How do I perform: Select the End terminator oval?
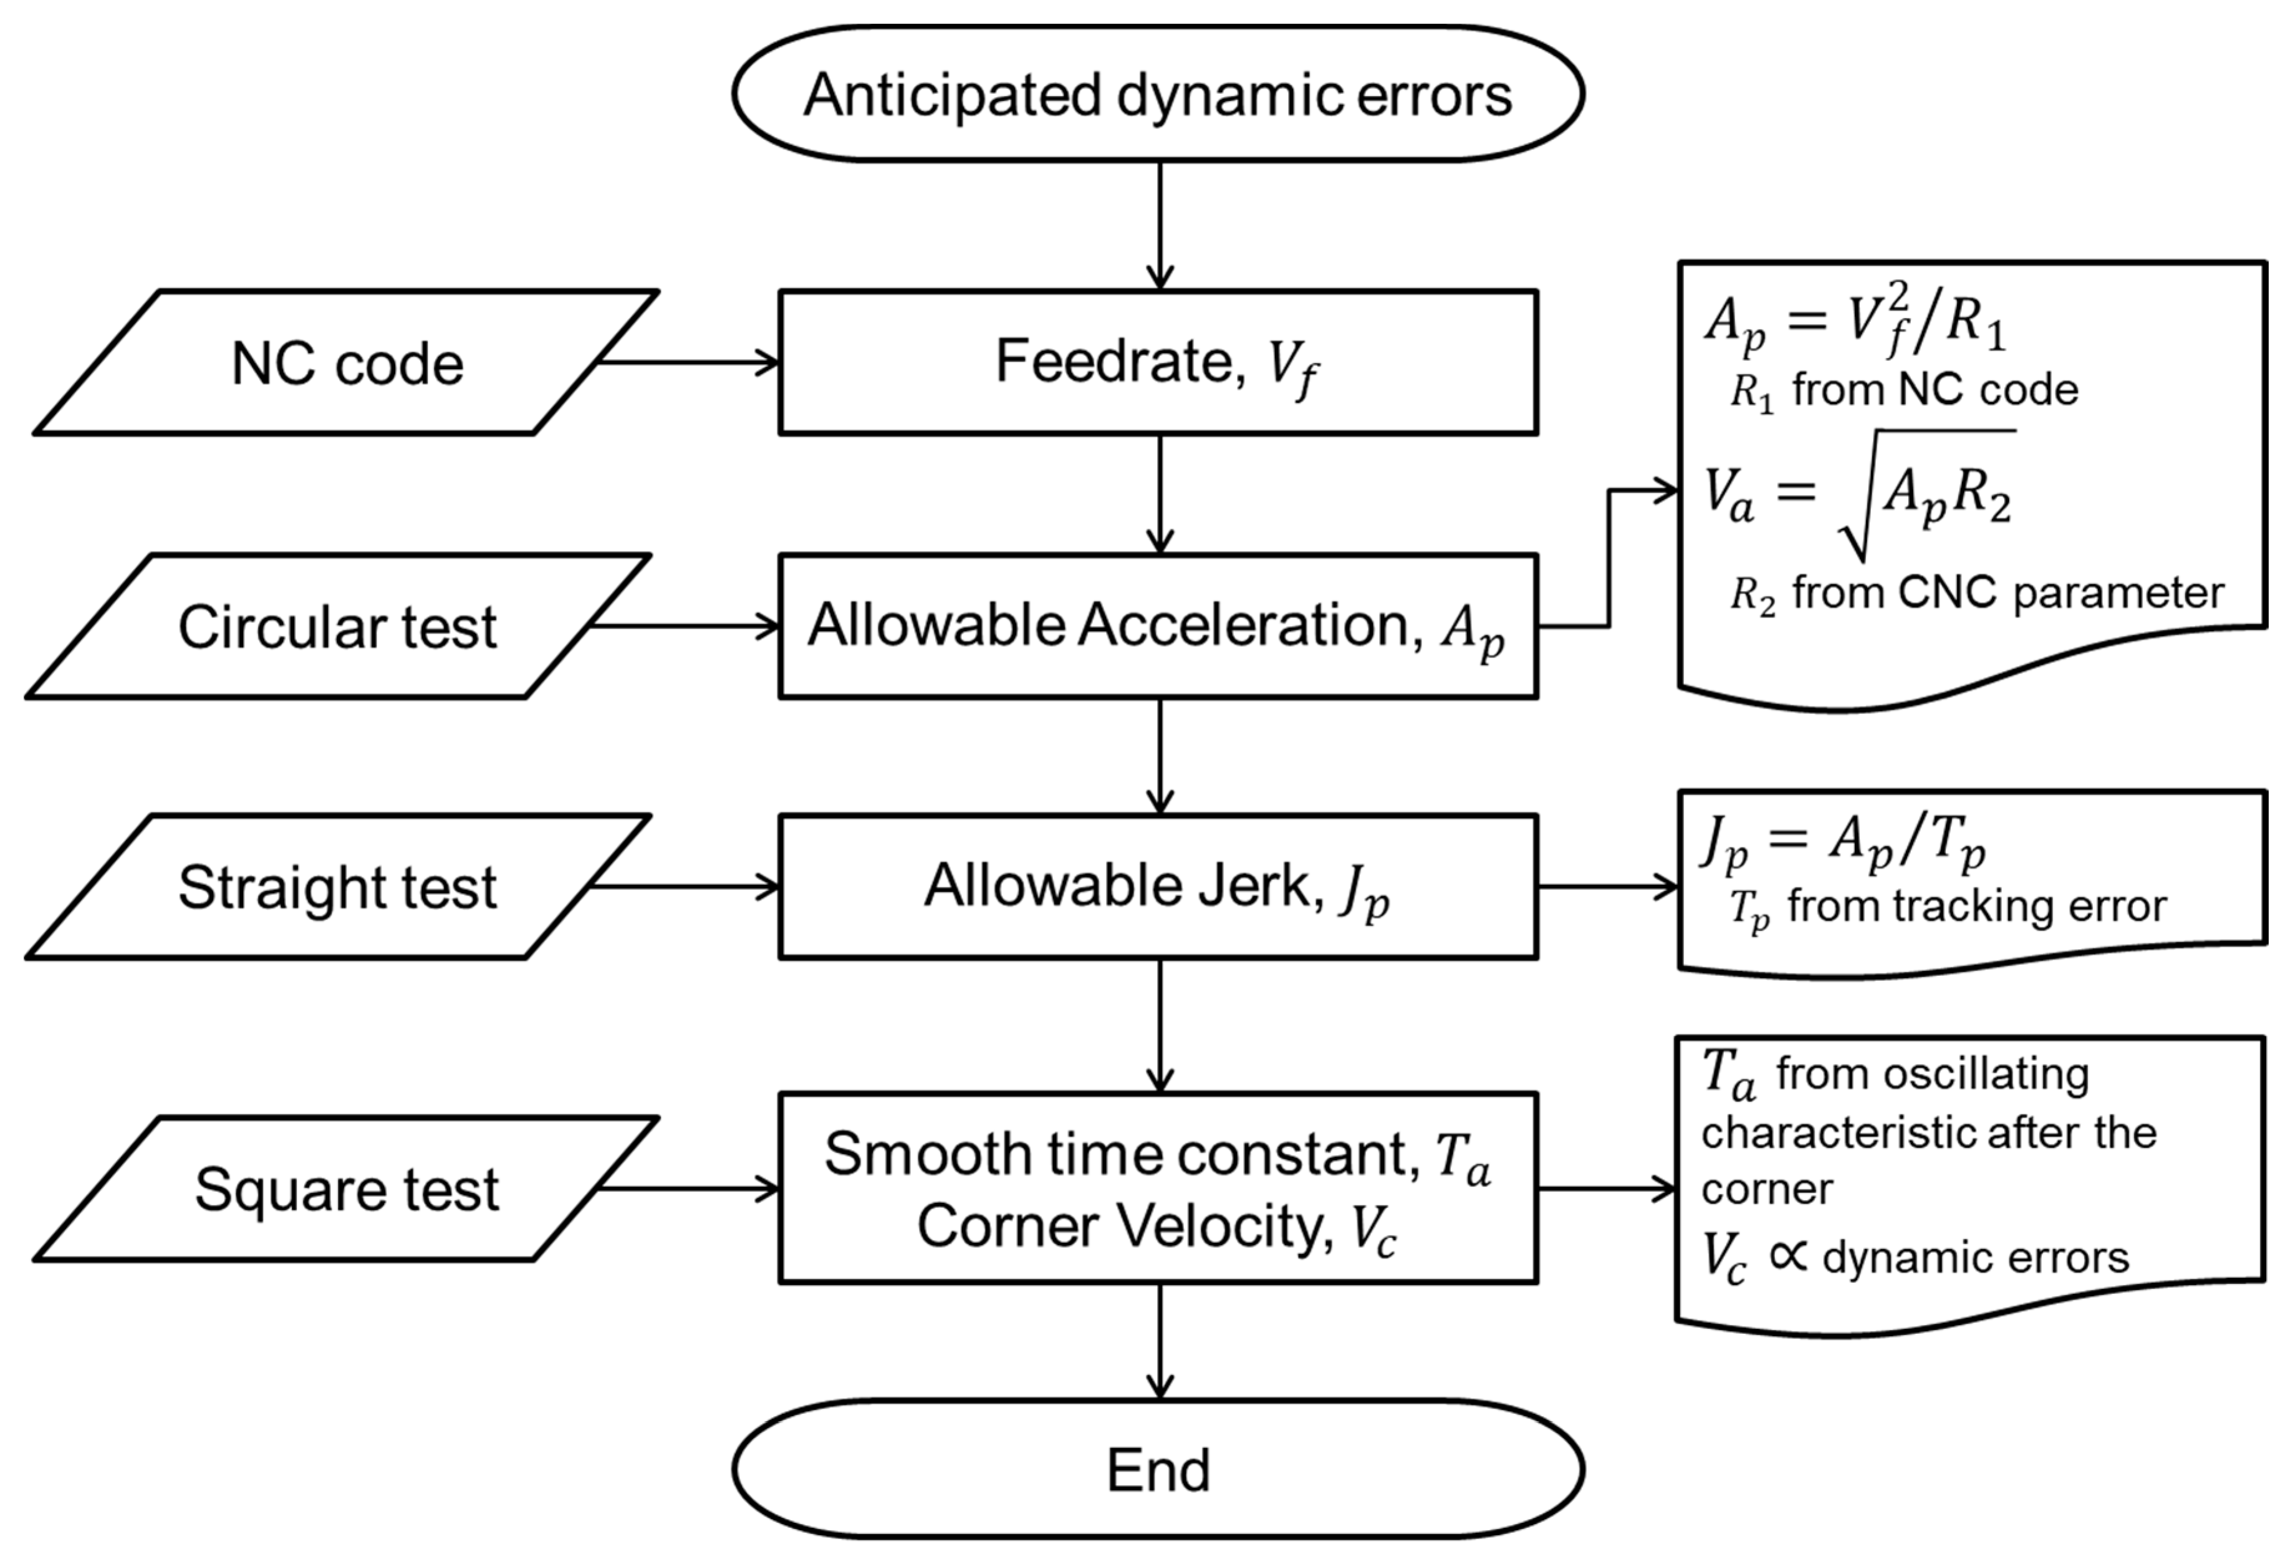[x=1157, y=1470]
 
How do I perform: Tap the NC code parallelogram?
[x=345, y=363]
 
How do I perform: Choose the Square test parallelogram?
[x=345, y=1189]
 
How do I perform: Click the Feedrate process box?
[x=1157, y=362]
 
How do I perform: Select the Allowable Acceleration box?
[x=1157, y=627]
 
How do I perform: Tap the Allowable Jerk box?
[x=1157, y=886]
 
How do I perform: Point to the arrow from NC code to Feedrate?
[x=691, y=362]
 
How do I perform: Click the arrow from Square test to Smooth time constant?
[x=691, y=1189]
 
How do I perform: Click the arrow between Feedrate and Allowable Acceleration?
[x=1160, y=493]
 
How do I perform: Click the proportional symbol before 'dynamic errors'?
[x=1788, y=1256]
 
